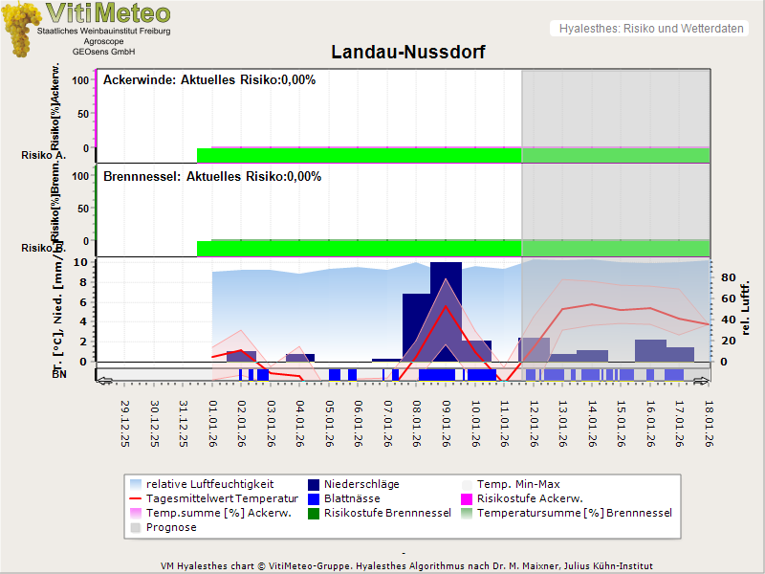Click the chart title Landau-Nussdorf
(x=407, y=52)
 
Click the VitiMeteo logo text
(x=108, y=13)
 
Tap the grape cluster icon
(x=21, y=29)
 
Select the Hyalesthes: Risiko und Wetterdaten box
(x=650, y=29)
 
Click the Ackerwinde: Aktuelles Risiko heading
(x=209, y=80)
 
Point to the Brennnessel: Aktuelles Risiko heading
(x=212, y=177)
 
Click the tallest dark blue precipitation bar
(x=446, y=311)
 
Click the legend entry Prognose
(x=171, y=527)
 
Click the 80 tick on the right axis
(x=727, y=278)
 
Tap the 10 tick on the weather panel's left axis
(x=80, y=262)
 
